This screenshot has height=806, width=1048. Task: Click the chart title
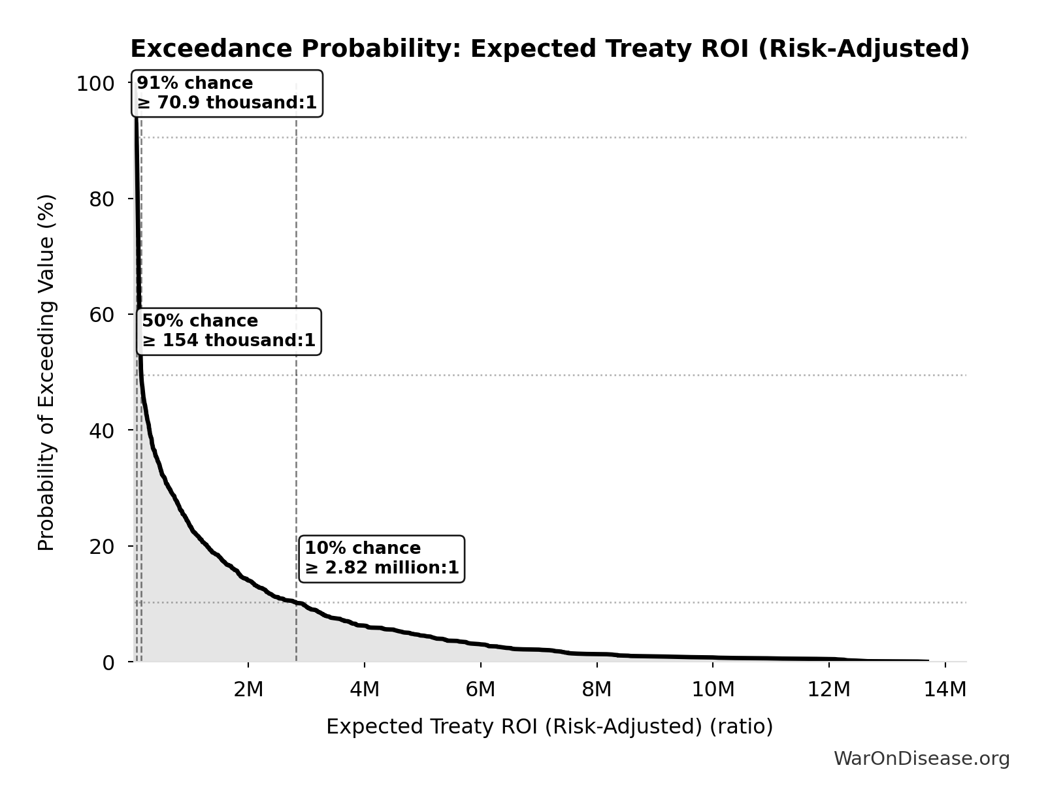[x=549, y=49]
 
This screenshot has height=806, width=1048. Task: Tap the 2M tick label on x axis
[x=248, y=690]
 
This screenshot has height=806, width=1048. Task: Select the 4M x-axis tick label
[x=365, y=690]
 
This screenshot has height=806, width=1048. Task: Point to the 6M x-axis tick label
[x=480, y=690]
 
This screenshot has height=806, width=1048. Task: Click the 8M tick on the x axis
[x=597, y=690]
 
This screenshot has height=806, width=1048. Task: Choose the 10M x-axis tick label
[x=713, y=690]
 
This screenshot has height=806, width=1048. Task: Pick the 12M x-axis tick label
[x=829, y=690]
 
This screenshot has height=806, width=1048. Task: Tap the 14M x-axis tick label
[x=945, y=690]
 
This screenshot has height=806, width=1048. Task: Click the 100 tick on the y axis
[x=95, y=84]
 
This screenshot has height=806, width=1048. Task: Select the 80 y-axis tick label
[x=102, y=199]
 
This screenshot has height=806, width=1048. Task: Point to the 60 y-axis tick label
[x=102, y=315]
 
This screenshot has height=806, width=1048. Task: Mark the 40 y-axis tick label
[x=102, y=430]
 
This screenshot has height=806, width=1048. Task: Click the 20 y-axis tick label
[x=102, y=546]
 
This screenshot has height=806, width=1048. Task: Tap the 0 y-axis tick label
[x=108, y=662]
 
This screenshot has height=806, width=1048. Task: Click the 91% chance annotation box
[x=227, y=93]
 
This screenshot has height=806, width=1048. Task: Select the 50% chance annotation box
[x=229, y=331]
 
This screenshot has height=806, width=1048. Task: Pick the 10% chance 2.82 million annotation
[x=382, y=558]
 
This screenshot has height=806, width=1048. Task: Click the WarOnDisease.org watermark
[x=921, y=759]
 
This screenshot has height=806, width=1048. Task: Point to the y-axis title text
[x=46, y=372]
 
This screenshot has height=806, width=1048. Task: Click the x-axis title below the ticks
[x=549, y=726]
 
